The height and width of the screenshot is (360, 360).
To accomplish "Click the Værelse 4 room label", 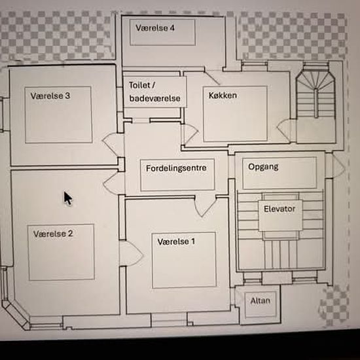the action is pos(155,28).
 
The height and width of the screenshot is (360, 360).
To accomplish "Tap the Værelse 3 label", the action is pos(50,96).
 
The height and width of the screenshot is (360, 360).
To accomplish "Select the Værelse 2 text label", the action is pos(53,234).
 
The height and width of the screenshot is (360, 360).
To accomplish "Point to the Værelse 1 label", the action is pos(176,242).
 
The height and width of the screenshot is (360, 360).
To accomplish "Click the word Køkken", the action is pos(223,96).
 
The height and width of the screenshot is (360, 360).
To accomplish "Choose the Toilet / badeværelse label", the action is pos(154,92).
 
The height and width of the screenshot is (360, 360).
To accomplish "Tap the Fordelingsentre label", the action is pos(176,168).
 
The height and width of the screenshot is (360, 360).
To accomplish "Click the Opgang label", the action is pos(263,167).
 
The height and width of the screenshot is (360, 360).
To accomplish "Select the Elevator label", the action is pos(279,209).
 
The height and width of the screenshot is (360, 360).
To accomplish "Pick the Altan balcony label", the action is pos(260,301).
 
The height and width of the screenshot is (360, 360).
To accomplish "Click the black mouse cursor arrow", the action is pos(67,198).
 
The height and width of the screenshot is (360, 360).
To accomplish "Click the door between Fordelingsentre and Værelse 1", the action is pos(205,206).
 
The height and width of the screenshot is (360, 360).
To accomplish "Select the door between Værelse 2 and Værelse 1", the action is pos(131,253).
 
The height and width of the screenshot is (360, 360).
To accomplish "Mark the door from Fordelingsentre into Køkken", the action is pos(190,135).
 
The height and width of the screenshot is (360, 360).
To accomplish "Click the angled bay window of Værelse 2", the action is pos(16,315).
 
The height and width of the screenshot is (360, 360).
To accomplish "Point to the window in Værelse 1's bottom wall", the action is pos(169,319).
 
